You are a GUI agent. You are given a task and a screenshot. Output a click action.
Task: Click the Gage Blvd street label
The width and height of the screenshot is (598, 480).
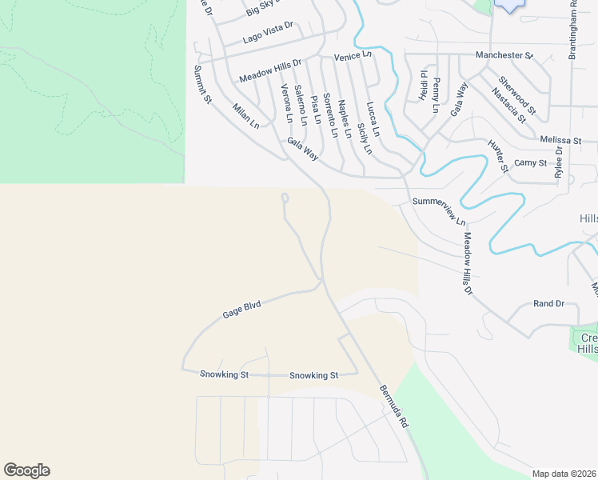tap(242, 307)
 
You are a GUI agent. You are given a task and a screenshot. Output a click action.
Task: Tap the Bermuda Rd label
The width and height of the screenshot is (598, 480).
tap(394, 406)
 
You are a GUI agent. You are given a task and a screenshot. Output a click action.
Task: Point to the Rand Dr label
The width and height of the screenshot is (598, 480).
tap(548, 304)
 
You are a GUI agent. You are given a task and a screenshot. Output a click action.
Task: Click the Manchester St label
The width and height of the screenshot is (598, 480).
tap(504, 55)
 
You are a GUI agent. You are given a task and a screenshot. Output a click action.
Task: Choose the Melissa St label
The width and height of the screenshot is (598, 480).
tap(558, 138)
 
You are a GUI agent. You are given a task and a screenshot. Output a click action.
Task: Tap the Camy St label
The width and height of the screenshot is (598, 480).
tap(530, 162)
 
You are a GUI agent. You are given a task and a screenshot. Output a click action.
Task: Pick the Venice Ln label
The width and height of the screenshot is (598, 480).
tap(353, 56)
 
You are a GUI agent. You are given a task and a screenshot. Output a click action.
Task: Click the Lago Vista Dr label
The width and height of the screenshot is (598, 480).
tap(268, 33)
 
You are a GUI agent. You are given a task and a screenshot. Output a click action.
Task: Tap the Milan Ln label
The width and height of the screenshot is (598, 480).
tap(246, 116)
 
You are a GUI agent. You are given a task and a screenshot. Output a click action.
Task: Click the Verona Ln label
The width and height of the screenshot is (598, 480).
tap(286, 102)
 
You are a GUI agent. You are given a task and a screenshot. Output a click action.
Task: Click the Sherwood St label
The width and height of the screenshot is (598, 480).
tap(516, 93)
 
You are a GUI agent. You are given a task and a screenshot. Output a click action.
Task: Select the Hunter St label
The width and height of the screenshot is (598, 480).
tap(498, 156)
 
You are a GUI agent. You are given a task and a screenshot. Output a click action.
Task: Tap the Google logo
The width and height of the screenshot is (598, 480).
tap(26, 470)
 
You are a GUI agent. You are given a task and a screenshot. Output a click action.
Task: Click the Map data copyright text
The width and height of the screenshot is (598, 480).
tap(564, 474)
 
